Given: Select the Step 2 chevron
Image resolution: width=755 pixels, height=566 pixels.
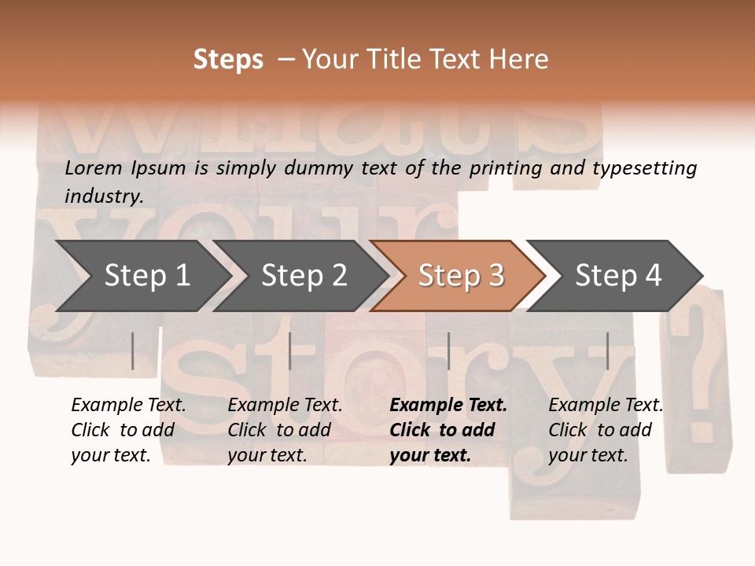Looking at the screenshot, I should (x=303, y=276).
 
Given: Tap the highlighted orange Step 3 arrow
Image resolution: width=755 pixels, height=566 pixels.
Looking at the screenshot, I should (x=460, y=276).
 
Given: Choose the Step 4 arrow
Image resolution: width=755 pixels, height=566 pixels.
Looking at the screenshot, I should (x=617, y=276).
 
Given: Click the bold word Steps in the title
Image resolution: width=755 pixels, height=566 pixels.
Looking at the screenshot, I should (x=228, y=60).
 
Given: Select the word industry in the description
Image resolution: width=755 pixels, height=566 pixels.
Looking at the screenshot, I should (x=104, y=196).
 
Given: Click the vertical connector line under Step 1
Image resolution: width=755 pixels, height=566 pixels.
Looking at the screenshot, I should (x=133, y=351).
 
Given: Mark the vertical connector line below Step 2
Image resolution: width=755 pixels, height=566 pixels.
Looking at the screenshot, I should (x=290, y=351).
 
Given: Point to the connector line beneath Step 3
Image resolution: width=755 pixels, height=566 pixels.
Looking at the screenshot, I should (x=448, y=351).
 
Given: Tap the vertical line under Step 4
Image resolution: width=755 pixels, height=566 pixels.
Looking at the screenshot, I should (x=607, y=351).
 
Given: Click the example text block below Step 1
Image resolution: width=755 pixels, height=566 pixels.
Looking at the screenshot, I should (x=128, y=430).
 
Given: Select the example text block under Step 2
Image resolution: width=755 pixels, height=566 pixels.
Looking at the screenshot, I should (x=285, y=430).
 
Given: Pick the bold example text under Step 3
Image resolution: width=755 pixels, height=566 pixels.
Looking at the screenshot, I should (x=448, y=430).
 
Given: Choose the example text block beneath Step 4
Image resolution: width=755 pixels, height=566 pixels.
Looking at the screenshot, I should (x=606, y=430).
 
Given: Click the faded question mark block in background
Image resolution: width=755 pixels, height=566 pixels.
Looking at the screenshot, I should (x=696, y=369).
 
